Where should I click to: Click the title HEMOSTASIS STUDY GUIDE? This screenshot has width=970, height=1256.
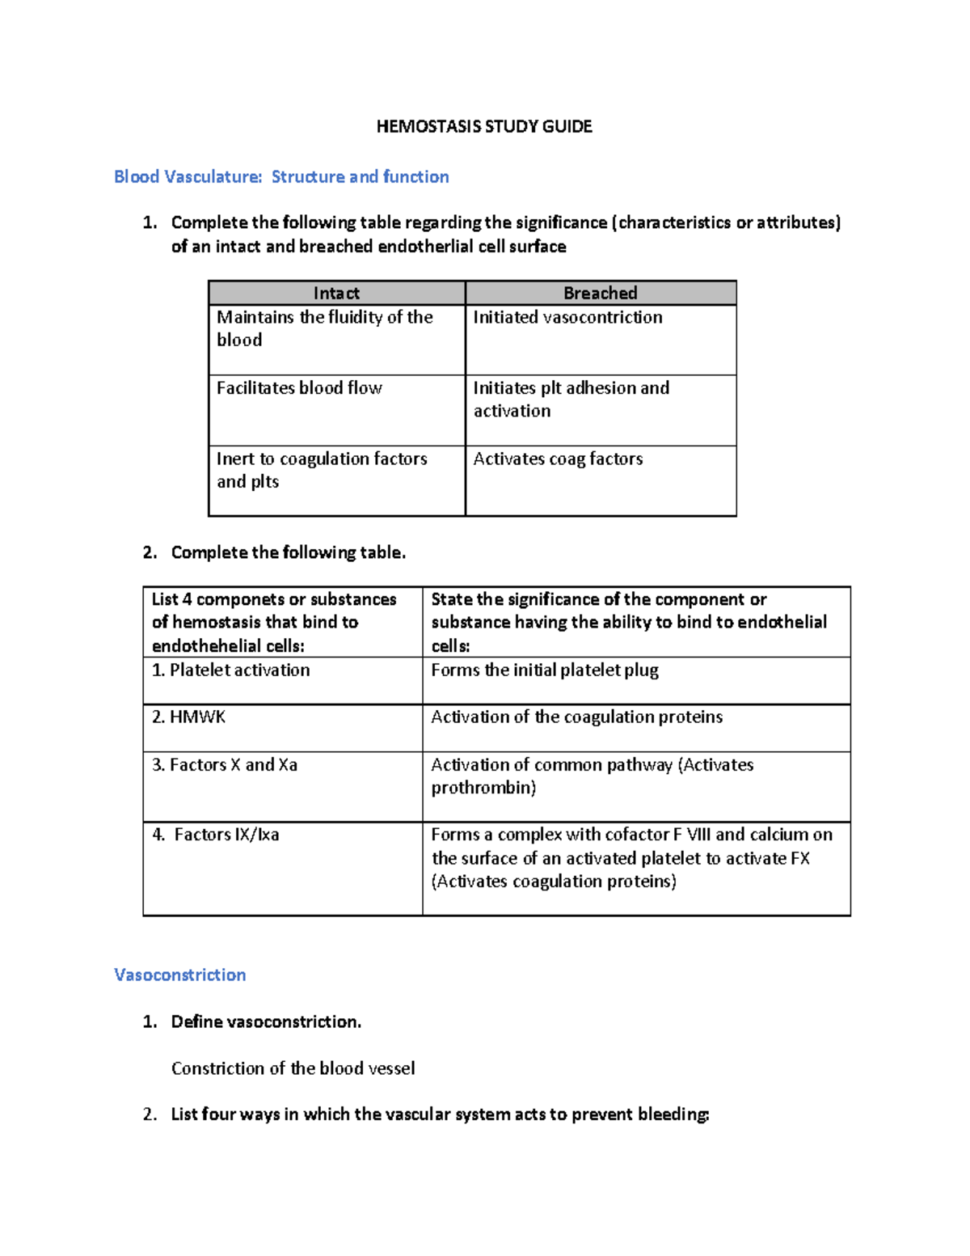coord(484,126)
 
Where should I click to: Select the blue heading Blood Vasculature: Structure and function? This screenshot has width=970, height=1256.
coord(281,176)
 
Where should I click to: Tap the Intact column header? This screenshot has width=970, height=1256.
coord(336,293)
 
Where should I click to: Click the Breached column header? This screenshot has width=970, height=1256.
coord(600,293)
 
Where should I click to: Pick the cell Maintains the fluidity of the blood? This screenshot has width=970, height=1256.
coord(325,328)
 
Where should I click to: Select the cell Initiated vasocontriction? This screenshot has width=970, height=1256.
coord(567,317)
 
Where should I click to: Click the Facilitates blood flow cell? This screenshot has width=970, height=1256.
coord(299,388)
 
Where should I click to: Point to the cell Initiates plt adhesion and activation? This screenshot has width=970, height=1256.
coord(571,400)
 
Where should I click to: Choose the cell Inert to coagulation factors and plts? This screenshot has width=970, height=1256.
coord(322,470)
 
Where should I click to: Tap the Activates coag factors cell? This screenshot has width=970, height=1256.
coord(558,459)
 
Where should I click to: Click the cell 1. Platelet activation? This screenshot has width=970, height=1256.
coord(231,670)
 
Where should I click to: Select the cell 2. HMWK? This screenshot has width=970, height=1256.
coord(189,717)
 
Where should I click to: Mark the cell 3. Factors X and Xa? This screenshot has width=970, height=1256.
coord(225,764)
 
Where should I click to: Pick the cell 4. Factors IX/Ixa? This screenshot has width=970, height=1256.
coord(217,835)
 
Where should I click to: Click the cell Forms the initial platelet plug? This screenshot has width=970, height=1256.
coord(545,670)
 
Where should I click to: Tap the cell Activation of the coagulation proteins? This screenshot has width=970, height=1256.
coord(576,717)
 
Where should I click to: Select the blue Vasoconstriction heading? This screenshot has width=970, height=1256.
coord(179,975)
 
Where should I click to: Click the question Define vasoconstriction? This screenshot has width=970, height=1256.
coord(266,1021)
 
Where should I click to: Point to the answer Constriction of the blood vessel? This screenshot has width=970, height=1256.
coord(293,1068)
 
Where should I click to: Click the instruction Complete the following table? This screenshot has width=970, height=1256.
coord(288,552)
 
